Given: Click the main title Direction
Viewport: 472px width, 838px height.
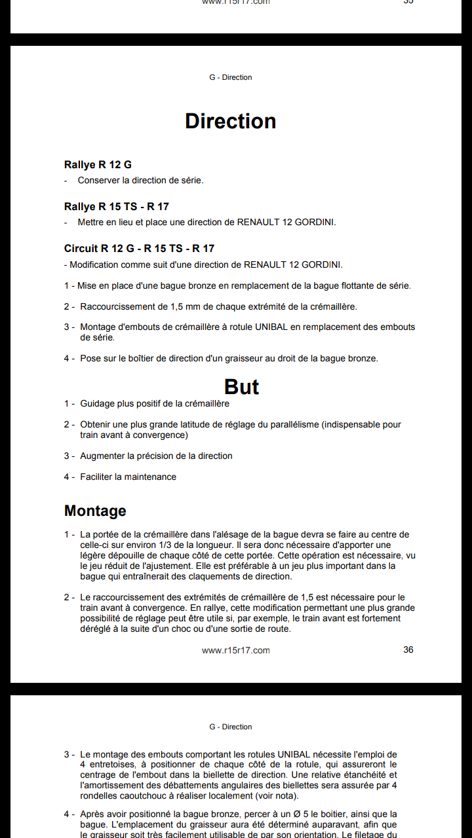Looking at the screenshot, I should (x=231, y=121).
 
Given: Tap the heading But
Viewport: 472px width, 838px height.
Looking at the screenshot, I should (x=241, y=386).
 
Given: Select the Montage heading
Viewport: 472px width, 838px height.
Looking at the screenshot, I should (x=95, y=511).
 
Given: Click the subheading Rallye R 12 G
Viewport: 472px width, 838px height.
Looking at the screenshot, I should (x=98, y=164).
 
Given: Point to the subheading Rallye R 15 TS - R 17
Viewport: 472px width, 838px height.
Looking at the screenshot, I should (x=116, y=206).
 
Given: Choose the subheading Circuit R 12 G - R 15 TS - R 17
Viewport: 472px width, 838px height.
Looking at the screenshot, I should (x=139, y=248).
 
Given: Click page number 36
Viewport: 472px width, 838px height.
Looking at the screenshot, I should (x=408, y=649).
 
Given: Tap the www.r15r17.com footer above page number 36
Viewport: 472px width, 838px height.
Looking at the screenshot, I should (x=236, y=650).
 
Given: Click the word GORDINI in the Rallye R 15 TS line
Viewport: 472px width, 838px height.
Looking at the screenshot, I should (x=315, y=222).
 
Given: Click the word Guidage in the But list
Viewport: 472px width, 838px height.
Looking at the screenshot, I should (x=97, y=403).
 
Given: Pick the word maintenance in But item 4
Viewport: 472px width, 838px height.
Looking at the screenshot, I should (x=151, y=477).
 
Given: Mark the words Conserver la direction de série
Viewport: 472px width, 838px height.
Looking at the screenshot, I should (x=140, y=180).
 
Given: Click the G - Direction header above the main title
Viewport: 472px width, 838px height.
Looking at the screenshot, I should (x=231, y=77).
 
